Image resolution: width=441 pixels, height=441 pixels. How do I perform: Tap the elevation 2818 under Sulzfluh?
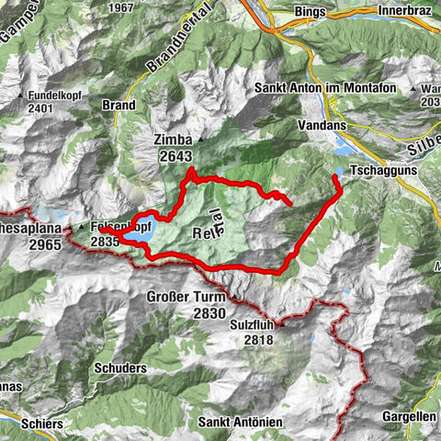(260, 340)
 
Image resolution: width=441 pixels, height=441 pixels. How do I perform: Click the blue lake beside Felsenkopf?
(141, 239)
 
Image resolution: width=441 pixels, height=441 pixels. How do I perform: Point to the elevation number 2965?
(18, 245)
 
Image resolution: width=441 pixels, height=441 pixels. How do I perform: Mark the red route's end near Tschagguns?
(334, 175)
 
